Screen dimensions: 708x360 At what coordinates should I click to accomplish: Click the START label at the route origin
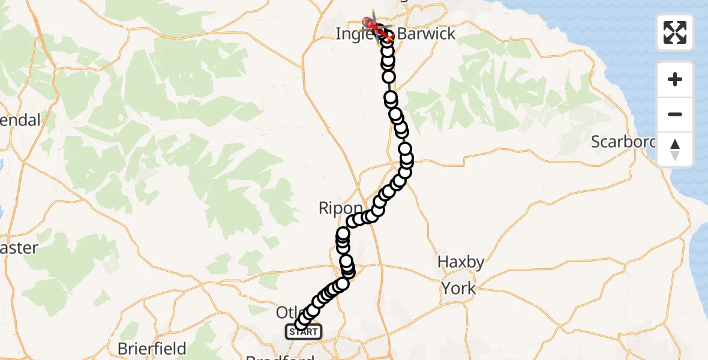click(x=304, y=332)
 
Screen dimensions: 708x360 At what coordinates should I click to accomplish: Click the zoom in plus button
click(x=675, y=80)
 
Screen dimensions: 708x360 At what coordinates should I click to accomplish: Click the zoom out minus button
click(x=675, y=115)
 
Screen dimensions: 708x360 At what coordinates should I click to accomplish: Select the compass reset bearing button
click(x=675, y=149)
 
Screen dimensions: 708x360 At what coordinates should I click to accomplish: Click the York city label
click(x=458, y=288)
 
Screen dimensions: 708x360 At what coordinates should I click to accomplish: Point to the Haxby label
click(x=461, y=262)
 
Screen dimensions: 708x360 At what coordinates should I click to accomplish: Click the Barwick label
click(x=427, y=34)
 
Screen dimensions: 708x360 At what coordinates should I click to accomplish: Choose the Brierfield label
click(x=152, y=349)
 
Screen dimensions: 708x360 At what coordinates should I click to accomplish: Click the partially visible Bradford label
click(x=280, y=358)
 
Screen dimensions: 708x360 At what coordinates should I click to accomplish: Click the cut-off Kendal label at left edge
click(x=20, y=120)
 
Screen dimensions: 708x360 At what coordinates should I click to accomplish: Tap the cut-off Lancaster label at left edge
click(x=19, y=248)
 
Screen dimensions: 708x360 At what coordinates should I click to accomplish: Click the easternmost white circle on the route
click(x=407, y=159)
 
